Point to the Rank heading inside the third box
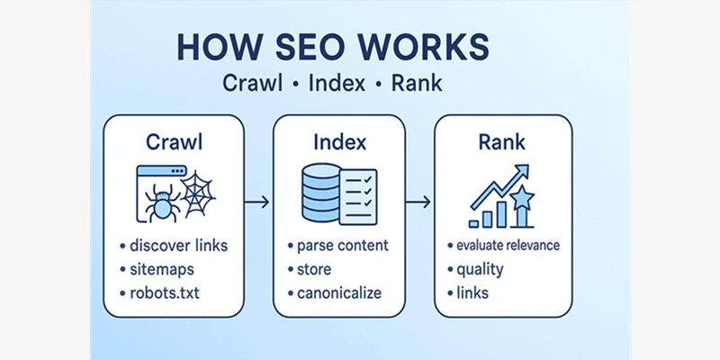[x=504, y=141]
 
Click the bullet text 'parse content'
[x=343, y=246]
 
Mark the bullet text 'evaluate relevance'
[x=508, y=246]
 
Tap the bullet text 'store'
[x=314, y=269]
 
